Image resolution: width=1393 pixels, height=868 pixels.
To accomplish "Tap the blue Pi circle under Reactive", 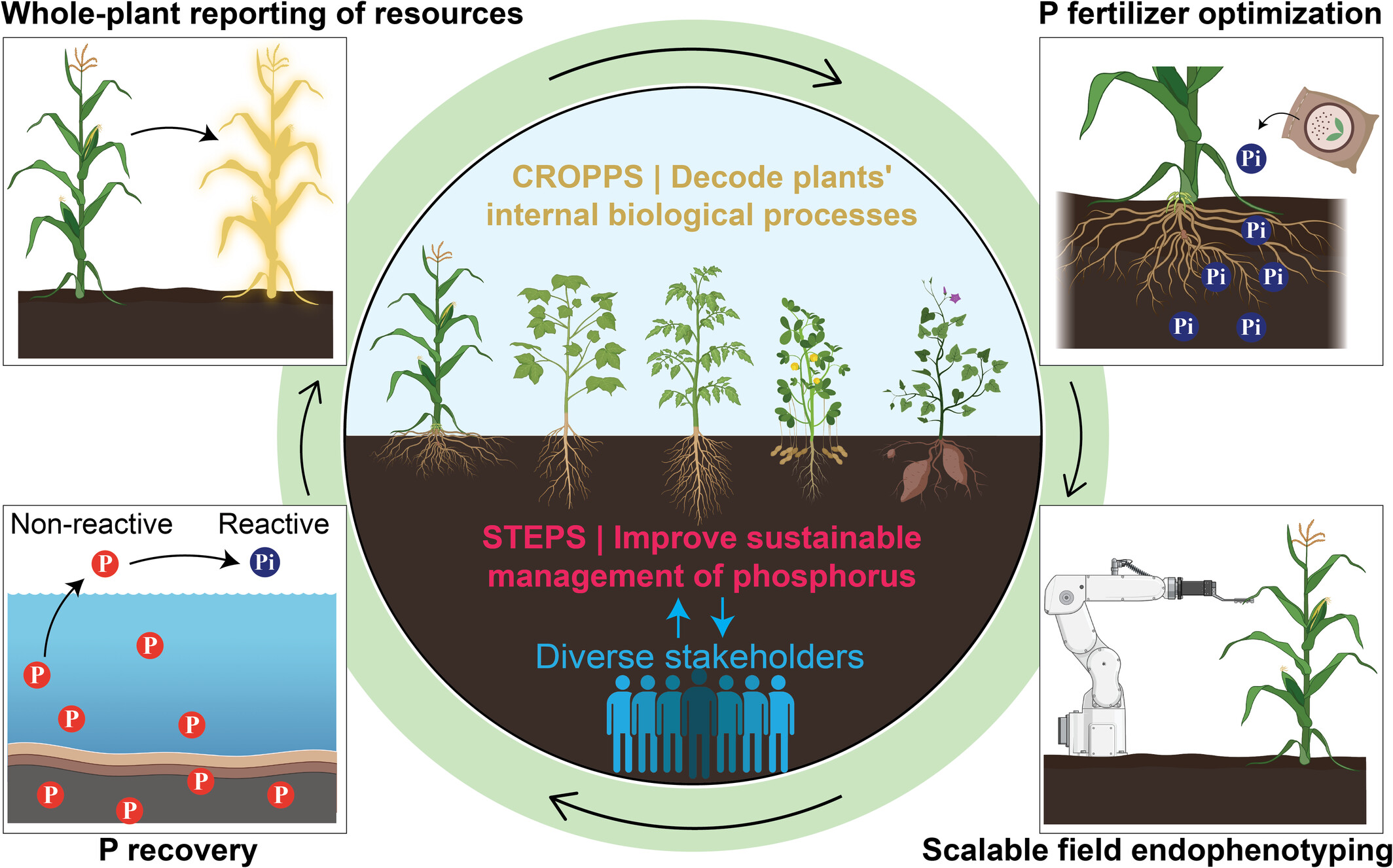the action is pyautogui.click(x=265, y=562).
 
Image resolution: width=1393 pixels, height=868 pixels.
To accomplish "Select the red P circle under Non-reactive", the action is pyautogui.click(x=105, y=563).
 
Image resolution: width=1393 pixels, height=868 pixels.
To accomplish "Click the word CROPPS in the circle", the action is pyautogui.click(x=577, y=177).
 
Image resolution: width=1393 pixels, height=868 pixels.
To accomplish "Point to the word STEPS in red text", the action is pyautogui.click(x=534, y=538).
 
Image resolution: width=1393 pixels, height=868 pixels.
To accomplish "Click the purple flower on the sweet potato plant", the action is pyautogui.click(x=955, y=298).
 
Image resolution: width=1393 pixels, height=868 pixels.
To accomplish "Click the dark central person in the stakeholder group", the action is pyautogui.click(x=699, y=723).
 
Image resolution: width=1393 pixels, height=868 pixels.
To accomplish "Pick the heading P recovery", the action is pyautogui.click(x=178, y=850).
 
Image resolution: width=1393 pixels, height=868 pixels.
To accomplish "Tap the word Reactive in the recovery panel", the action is pyautogui.click(x=274, y=524).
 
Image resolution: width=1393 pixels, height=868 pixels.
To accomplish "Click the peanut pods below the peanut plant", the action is pyautogui.click(x=809, y=453).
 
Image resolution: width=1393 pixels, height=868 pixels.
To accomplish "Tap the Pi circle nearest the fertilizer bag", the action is pyautogui.click(x=1251, y=158).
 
